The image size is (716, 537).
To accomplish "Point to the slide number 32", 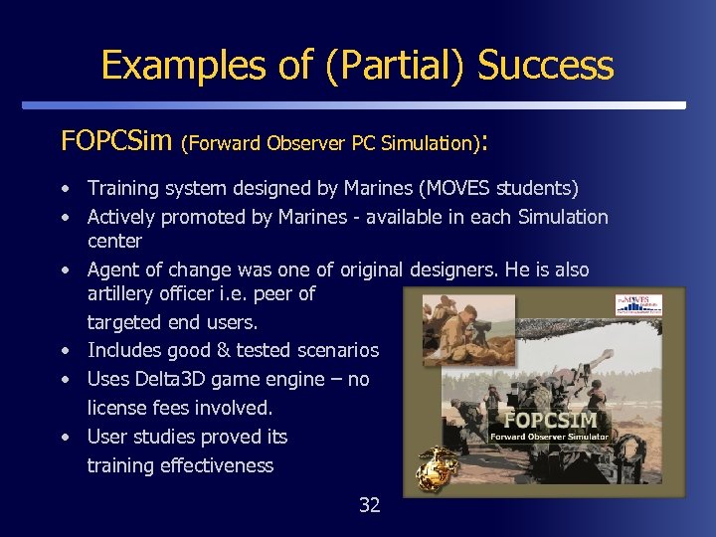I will pos(369,505).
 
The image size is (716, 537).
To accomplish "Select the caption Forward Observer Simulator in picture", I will pos(551,436).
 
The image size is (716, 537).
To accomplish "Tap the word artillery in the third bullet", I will pos(124,293).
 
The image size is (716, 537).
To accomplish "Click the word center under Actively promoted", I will pos(114,241).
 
